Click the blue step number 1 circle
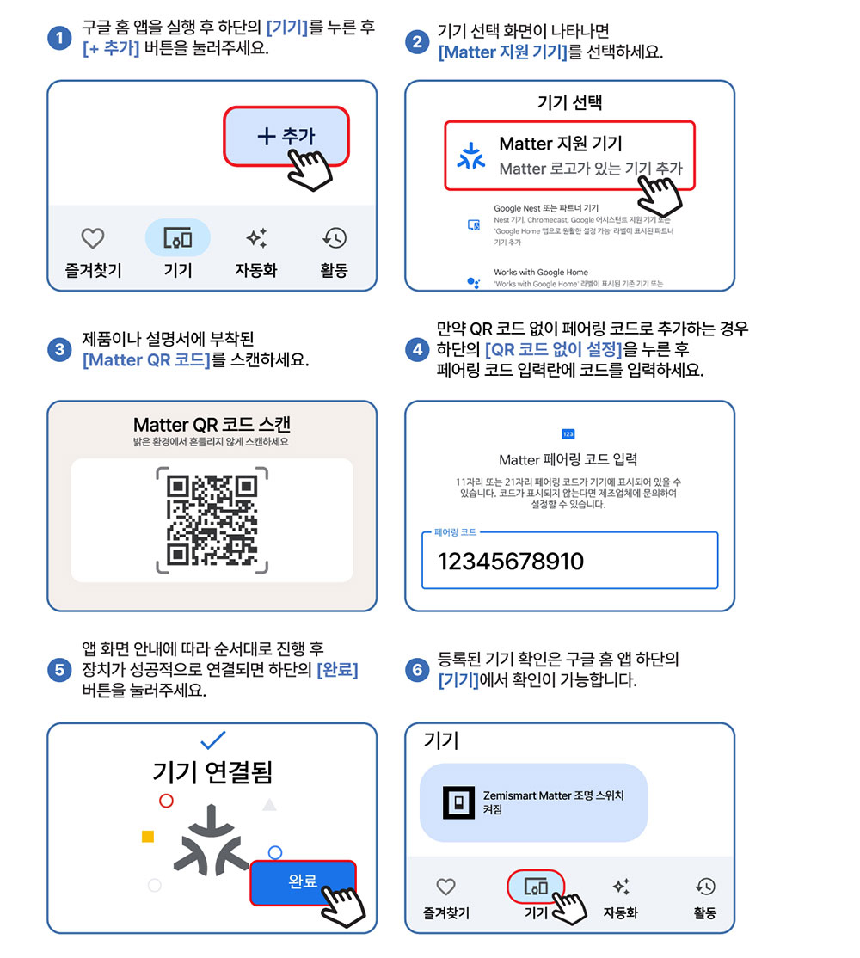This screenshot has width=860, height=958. [x=59, y=38]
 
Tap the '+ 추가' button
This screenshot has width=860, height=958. [x=286, y=136]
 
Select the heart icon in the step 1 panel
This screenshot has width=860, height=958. [x=93, y=237]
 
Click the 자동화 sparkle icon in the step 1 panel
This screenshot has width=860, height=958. [x=256, y=237]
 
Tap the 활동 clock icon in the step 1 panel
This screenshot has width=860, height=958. [x=335, y=237]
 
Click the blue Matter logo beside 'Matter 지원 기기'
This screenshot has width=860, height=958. [x=471, y=156]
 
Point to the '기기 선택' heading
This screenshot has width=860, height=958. [x=569, y=102]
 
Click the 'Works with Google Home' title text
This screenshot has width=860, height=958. [x=541, y=272]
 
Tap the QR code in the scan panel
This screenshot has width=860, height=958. [x=212, y=520]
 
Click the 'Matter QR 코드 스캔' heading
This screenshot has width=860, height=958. [x=212, y=424]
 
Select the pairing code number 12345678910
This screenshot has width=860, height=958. [x=511, y=561]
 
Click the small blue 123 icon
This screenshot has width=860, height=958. [x=568, y=433]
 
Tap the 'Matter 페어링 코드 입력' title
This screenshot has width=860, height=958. [x=568, y=459]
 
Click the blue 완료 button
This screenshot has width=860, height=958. [x=303, y=881]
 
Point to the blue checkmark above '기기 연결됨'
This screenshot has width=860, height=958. [x=213, y=740]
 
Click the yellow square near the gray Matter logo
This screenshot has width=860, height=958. [x=148, y=836]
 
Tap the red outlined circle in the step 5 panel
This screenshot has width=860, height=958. [x=166, y=801]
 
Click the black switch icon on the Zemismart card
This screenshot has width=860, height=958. [x=458, y=802]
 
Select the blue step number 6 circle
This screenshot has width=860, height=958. [x=417, y=670]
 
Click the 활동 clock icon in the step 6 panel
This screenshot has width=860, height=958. [x=705, y=887]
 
